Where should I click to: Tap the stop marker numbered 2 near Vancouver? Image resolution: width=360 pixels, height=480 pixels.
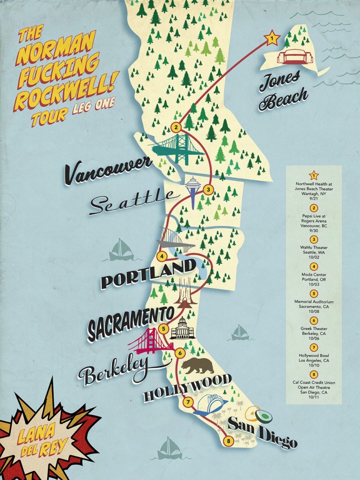(175, 126)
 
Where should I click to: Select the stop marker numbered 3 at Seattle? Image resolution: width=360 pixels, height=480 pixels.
(208, 189)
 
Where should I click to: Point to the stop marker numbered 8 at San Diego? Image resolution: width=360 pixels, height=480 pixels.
(228, 440)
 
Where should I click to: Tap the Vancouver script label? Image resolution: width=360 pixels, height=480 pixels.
(107, 170)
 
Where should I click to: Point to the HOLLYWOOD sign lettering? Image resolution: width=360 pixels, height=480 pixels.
(187, 387)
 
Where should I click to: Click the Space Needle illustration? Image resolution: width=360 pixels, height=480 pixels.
(192, 190)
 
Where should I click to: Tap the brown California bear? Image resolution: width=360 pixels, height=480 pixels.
(197, 366)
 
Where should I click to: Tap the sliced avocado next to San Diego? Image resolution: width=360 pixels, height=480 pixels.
(260, 414)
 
